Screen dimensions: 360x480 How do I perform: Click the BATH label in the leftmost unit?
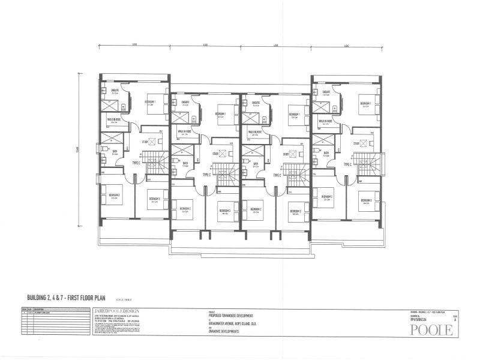[115, 151]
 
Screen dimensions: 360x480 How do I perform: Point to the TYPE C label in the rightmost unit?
[347, 163]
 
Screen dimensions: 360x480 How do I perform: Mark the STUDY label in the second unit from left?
[215, 153]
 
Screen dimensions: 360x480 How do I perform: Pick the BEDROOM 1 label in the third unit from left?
[294, 114]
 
